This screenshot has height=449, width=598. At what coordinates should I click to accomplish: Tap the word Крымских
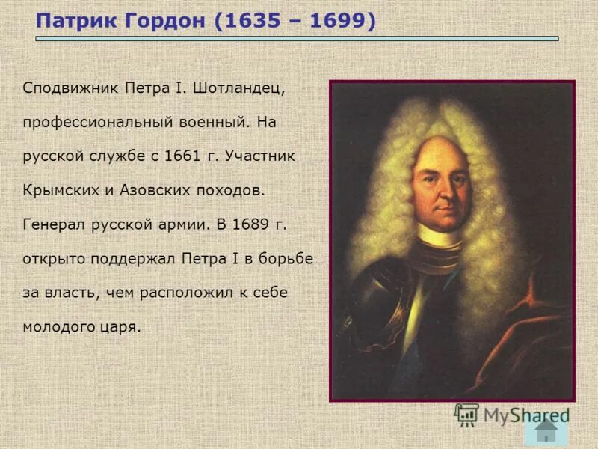[x=58, y=190]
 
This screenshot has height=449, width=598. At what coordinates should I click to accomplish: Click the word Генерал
[x=51, y=224]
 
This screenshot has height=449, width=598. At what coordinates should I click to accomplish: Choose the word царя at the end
[x=123, y=327]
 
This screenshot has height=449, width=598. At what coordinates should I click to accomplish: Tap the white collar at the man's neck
[x=440, y=236]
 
